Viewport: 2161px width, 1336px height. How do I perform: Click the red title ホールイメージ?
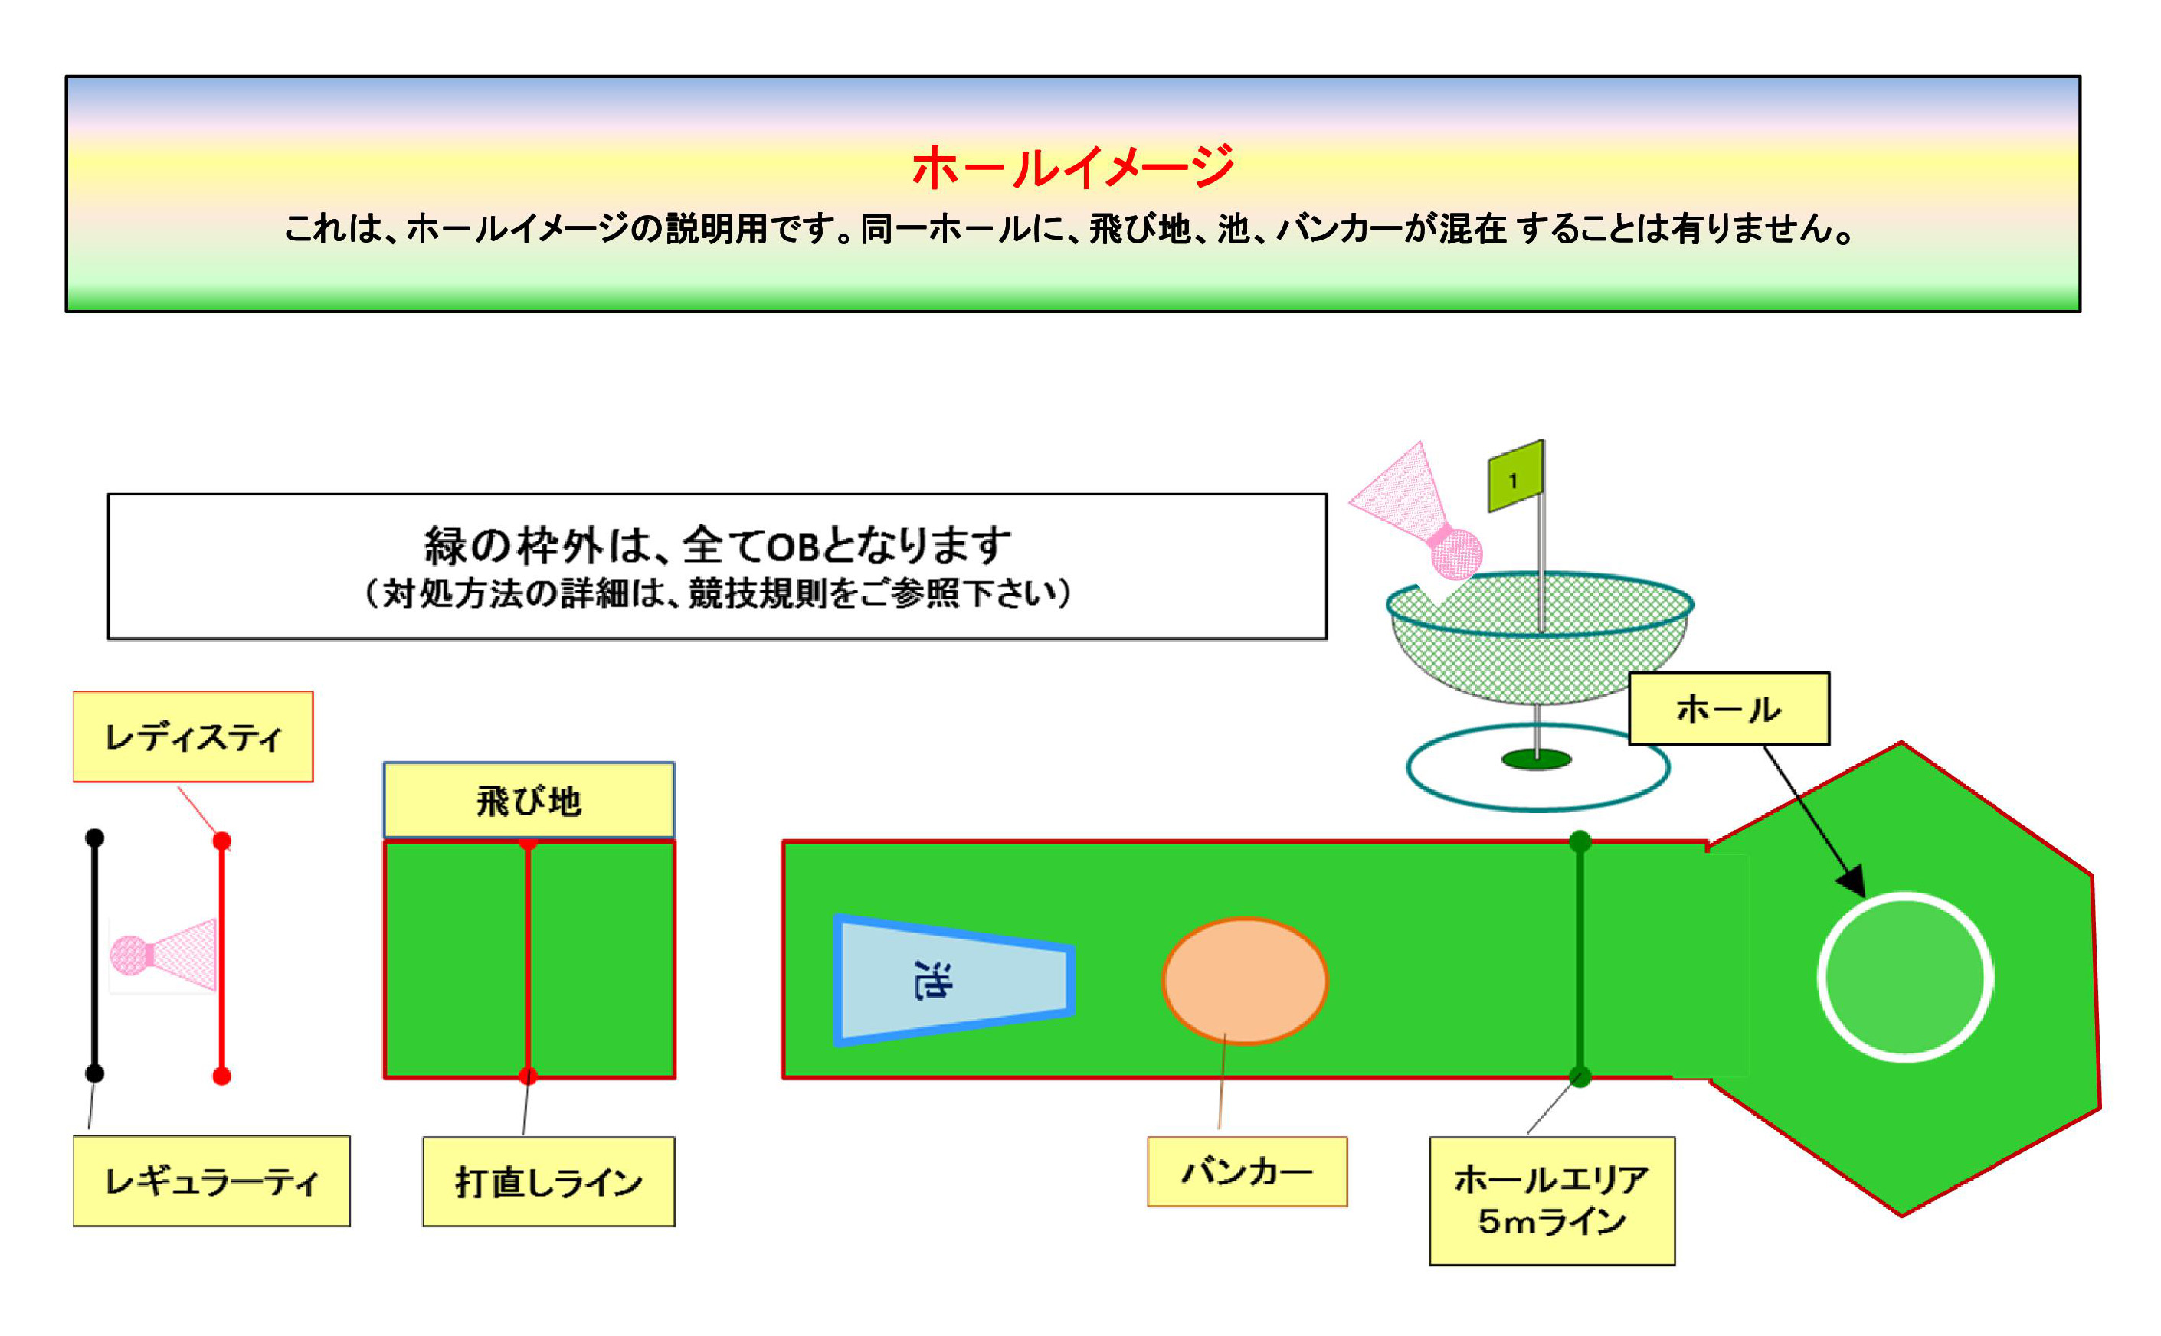point(1072,167)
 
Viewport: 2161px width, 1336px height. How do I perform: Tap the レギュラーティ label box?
point(211,1181)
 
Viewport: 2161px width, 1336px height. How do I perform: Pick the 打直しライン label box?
point(548,1181)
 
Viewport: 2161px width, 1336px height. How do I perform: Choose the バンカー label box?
point(1246,1171)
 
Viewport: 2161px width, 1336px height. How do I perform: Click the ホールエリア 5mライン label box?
point(1551,1200)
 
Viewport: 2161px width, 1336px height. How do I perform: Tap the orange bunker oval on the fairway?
point(1245,981)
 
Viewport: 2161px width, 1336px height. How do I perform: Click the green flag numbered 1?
point(1515,476)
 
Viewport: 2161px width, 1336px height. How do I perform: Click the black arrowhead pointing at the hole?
point(1852,879)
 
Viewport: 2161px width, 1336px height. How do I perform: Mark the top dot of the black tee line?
point(94,837)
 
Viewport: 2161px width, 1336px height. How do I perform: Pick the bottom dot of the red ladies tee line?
point(222,1076)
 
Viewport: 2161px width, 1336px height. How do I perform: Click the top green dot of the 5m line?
point(1580,841)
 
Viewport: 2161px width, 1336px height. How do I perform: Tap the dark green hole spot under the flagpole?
point(1536,759)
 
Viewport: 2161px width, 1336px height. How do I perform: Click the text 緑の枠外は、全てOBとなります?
point(717,544)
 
